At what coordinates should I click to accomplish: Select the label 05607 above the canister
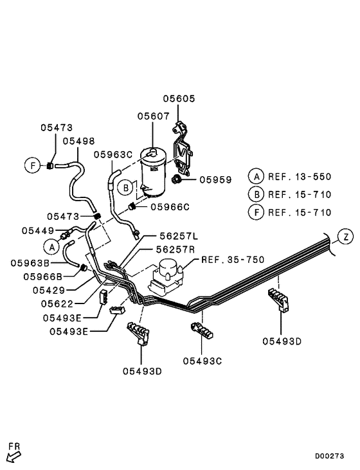[152, 116]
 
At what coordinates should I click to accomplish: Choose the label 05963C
[113, 154]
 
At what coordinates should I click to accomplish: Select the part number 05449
[37, 230]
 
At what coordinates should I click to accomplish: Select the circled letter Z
[346, 237]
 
